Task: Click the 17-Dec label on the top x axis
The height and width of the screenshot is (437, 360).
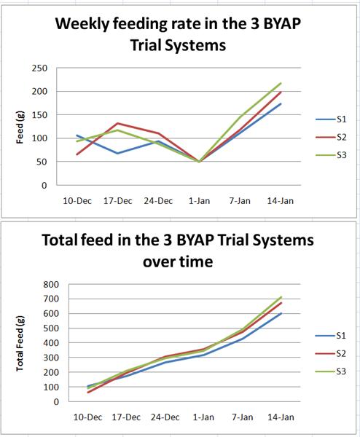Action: (x=118, y=200)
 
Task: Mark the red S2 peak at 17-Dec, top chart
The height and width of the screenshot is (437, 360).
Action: (x=118, y=123)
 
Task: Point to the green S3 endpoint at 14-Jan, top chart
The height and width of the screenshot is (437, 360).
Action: (x=281, y=83)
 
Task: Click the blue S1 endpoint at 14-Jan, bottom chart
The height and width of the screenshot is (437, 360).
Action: (x=281, y=313)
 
